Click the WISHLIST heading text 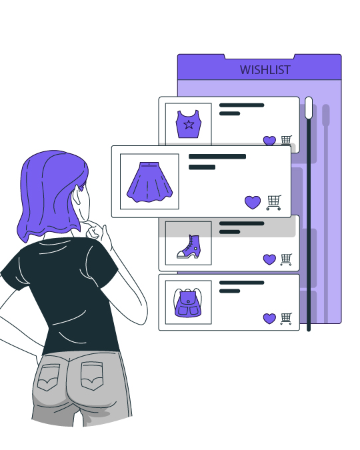pos(265,70)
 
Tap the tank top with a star pos(188,124)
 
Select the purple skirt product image pos(149,182)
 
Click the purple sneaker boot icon pos(188,247)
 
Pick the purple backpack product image pos(188,303)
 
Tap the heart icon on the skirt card pos(253,202)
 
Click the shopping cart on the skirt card pos(274,203)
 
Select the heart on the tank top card pos(269,141)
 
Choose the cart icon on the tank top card pos(286,140)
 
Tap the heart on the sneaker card pos(269,259)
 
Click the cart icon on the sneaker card pos(286,259)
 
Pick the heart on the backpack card pos(269,319)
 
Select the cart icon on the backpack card pos(286,319)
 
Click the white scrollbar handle pos(309,107)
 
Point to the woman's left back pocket pos(49,377)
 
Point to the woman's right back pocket pos(92,376)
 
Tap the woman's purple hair pos(52,192)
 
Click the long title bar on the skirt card pos(217,157)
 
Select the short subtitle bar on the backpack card pos(229,291)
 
